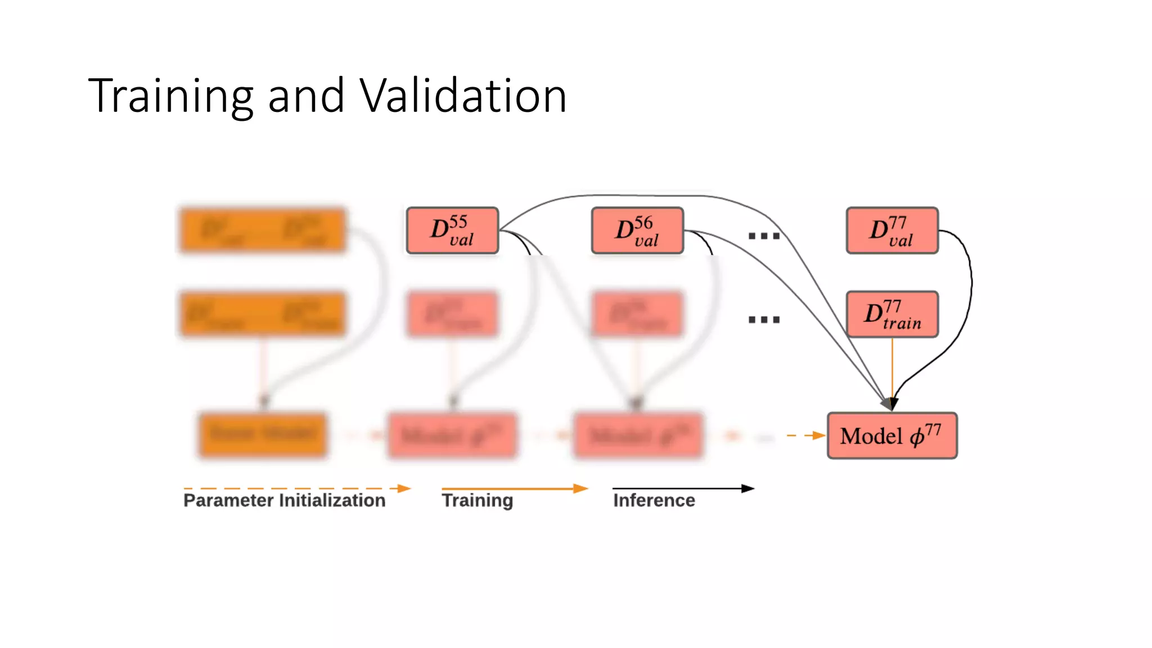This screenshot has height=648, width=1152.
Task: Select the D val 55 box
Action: click(x=452, y=231)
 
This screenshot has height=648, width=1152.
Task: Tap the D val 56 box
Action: click(x=637, y=231)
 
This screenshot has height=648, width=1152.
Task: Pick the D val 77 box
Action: click(x=892, y=231)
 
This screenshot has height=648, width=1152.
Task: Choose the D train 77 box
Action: click(x=892, y=314)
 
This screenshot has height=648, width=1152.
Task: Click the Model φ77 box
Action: click(x=892, y=435)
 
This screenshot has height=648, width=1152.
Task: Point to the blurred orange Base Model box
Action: click(x=263, y=435)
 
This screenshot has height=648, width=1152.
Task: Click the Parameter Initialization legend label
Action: click(x=285, y=500)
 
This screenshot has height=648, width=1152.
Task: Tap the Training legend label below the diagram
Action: click(x=477, y=500)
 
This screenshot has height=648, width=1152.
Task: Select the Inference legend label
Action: click(x=654, y=500)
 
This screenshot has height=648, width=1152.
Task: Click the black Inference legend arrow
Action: click(x=683, y=488)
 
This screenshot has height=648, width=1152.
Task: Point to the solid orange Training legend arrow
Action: click(x=514, y=488)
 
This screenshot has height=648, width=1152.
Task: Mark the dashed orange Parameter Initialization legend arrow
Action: click(x=297, y=488)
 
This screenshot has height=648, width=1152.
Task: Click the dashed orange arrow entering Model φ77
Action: click(x=805, y=435)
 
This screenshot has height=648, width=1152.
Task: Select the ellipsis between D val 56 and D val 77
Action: click(x=764, y=236)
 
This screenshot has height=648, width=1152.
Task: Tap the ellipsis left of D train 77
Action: click(x=764, y=319)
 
